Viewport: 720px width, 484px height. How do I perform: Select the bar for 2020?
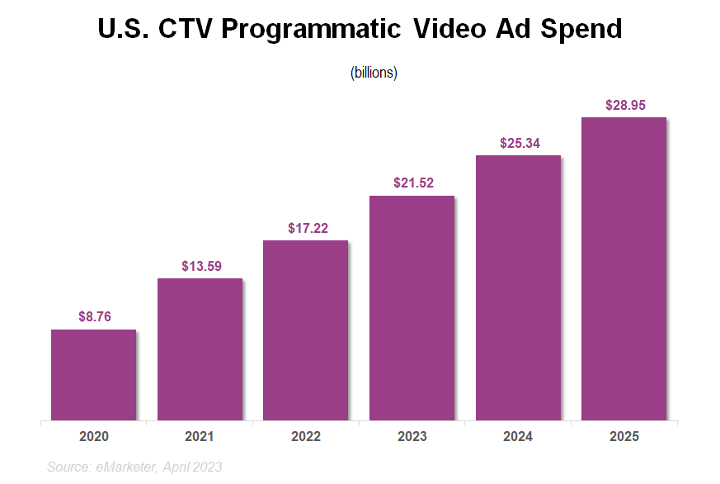tap(93, 375)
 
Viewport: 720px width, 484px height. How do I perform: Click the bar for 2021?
tap(200, 349)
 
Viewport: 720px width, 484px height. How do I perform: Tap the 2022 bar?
tap(305, 330)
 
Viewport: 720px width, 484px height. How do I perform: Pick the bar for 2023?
tap(412, 308)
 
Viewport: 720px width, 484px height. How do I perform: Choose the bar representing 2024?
tap(518, 287)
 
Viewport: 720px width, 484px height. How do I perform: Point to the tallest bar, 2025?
tap(624, 268)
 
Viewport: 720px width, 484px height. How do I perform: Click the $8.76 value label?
tap(94, 316)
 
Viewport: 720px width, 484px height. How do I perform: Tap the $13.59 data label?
tap(200, 266)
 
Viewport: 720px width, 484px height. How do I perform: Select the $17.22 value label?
tap(307, 228)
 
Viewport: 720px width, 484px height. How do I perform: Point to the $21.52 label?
tap(412, 183)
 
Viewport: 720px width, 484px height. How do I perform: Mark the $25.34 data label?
tap(519, 143)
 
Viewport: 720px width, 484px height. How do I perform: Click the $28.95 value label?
tap(624, 105)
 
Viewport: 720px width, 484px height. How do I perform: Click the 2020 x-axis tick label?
tap(93, 436)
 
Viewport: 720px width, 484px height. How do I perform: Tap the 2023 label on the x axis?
tap(412, 436)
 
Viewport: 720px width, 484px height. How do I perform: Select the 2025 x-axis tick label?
tap(624, 436)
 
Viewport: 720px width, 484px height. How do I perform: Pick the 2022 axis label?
tap(305, 436)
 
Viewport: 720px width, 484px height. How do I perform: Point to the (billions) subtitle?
tap(374, 73)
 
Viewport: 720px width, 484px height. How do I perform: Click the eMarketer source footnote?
tap(134, 467)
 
